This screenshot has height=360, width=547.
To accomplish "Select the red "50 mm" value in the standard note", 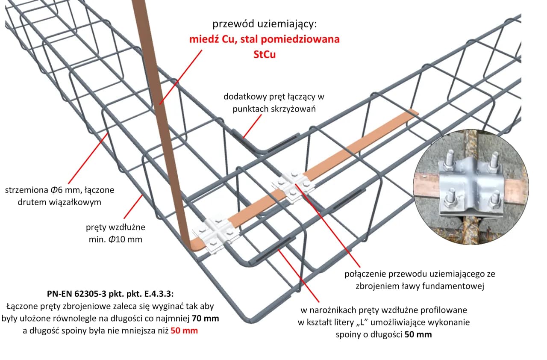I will click(184, 330).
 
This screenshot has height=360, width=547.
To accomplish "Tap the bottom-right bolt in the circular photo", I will click(494, 199).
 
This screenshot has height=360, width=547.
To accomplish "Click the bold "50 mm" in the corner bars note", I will click(418, 334).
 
